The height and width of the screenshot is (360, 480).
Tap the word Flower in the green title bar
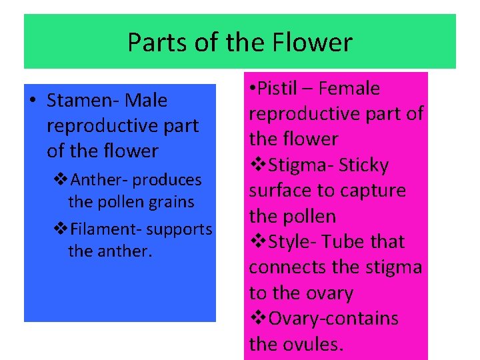[x=312, y=43]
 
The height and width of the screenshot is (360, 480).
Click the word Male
[x=146, y=101]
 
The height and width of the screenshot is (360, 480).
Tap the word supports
[x=179, y=230]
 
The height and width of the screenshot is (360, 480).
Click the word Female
[x=349, y=89]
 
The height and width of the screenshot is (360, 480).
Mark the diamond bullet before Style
[x=258, y=241]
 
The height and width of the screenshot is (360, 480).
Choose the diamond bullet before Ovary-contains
[x=258, y=319]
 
